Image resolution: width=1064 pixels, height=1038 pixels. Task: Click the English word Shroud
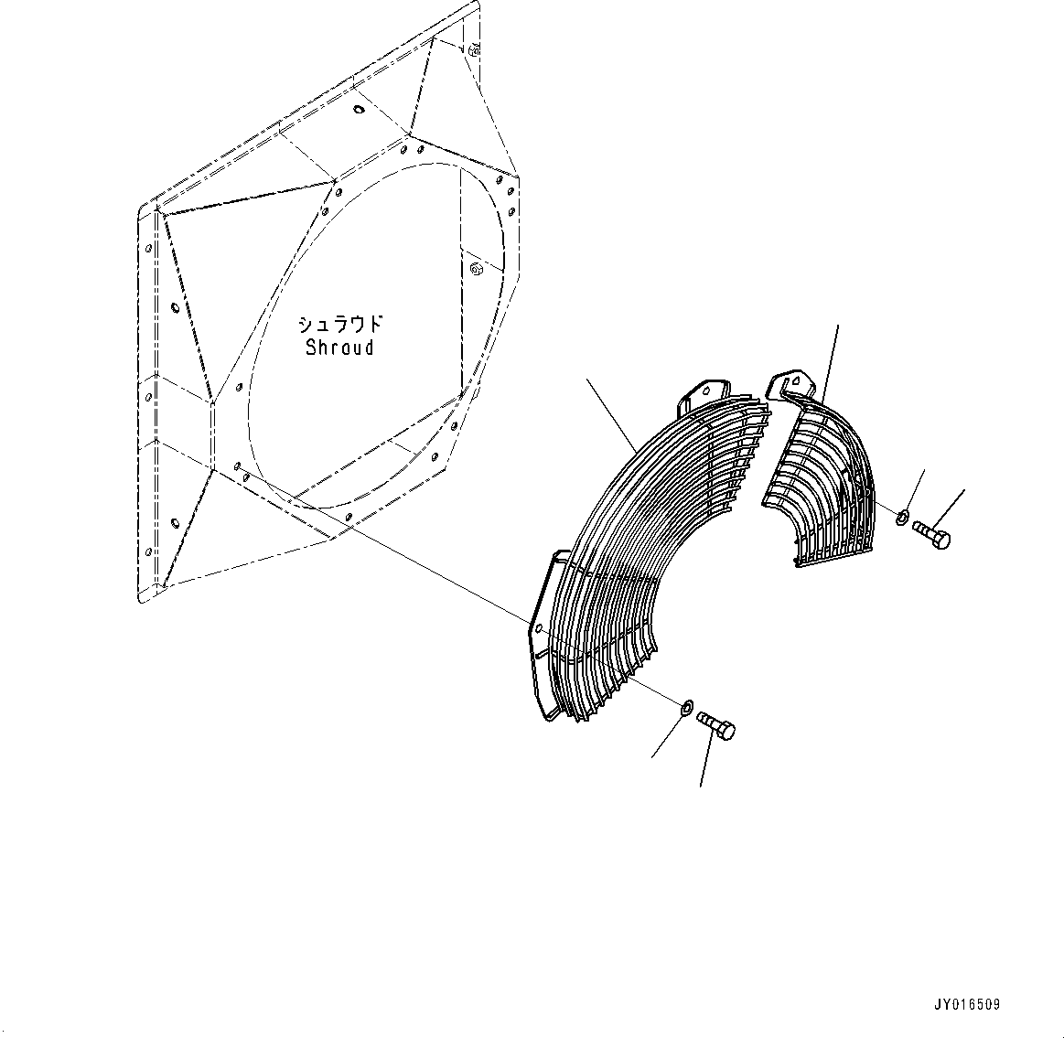[339, 348]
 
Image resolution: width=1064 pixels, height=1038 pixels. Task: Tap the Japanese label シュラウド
[339, 325]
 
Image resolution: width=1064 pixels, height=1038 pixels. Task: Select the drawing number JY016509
[967, 1004]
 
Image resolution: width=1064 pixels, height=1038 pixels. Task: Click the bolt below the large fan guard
[716, 726]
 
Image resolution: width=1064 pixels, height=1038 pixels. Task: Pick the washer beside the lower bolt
[685, 706]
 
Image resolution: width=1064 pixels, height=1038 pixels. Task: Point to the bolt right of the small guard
[930, 534]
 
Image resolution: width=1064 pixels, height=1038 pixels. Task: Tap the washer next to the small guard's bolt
[902, 519]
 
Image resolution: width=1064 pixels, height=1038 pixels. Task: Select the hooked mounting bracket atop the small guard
[786, 385]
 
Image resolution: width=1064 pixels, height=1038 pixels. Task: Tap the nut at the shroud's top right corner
[474, 50]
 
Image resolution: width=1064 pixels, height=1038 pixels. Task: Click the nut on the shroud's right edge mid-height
[476, 269]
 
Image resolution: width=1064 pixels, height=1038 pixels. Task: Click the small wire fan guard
[819, 485]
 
